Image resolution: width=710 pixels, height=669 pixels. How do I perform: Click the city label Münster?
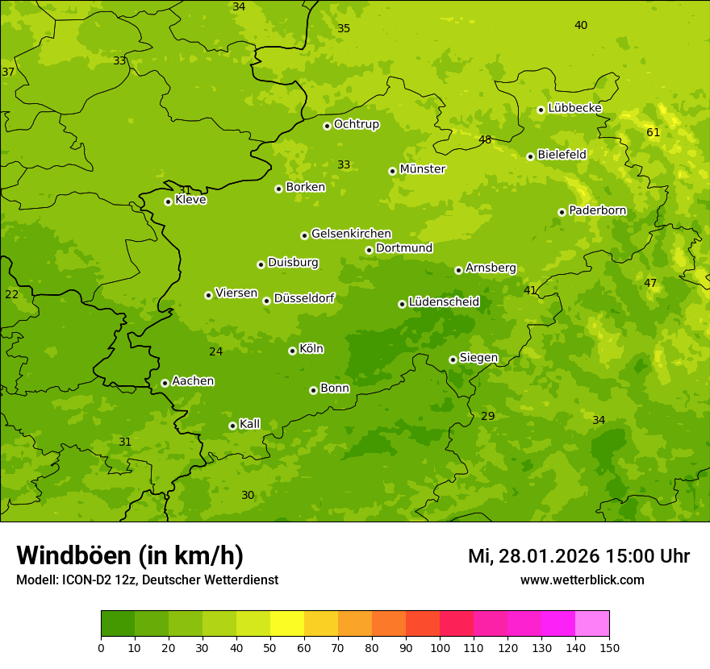(x=422, y=169)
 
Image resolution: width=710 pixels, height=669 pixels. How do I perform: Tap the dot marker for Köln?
(x=292, y=351)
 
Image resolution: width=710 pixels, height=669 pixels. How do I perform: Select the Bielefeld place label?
(x=562, y=155)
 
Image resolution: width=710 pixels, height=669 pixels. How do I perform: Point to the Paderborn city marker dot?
(x=562, y=212)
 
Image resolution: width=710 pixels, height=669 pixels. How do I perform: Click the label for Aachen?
(x=193, y=381)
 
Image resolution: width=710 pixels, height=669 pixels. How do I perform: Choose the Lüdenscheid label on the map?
(x=444, y=302)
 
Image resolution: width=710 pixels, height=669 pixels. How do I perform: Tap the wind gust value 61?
(x=654, y=132)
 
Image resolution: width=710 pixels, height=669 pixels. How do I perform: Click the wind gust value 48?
(x=485, y=139)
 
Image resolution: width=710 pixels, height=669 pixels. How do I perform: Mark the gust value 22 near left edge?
(x=11, y=294)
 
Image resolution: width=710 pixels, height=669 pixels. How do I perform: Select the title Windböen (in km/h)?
(x=130, y=555)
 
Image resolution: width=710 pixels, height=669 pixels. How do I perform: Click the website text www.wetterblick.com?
(x=582, y=580)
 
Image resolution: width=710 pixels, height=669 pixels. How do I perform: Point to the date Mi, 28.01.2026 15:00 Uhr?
(x=578, y=556)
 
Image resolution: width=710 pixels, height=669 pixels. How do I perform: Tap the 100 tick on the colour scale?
(x=440, y=647)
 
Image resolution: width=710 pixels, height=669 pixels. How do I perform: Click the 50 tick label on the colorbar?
(x=270, y=647)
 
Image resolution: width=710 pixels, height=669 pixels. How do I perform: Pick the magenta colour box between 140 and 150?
(x=592, y=624)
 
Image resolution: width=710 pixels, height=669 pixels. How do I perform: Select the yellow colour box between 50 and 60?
(x=287, y=624)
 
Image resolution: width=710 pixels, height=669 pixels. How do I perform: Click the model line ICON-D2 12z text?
(x=147, y=580)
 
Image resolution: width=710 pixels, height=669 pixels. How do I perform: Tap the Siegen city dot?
(x=453, y=359)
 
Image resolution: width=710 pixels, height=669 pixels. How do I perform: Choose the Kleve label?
(x=190, y=200)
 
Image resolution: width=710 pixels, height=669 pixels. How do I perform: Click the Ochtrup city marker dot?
(x=327, y=125)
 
